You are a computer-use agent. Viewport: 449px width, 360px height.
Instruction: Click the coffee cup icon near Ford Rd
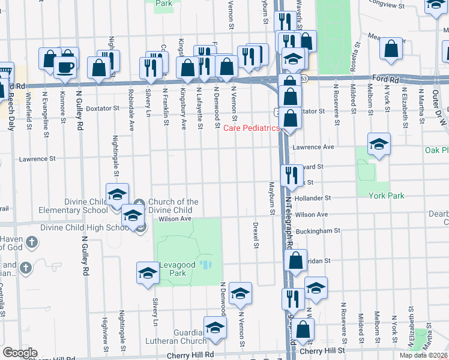point(65,67)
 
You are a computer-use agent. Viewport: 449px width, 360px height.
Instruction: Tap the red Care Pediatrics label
point(252,128)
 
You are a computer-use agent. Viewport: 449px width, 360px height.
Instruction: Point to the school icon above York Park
point(379,144)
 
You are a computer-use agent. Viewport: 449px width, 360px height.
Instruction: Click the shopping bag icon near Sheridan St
point(295,261)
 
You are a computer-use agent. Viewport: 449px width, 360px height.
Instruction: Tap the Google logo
point(20,353)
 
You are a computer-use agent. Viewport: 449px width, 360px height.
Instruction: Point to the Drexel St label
point(256,236)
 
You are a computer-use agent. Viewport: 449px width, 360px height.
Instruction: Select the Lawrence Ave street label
point(312,146)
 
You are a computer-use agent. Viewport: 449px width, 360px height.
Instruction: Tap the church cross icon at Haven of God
point(32,243)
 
